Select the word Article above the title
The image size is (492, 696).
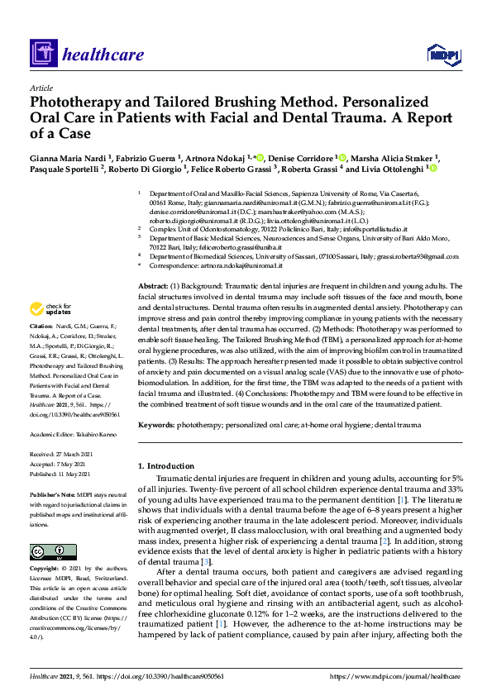[x=41, y=87]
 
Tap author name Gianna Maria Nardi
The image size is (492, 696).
[x=69, y=157]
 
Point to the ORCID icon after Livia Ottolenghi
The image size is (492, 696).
[x=432, y=169]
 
